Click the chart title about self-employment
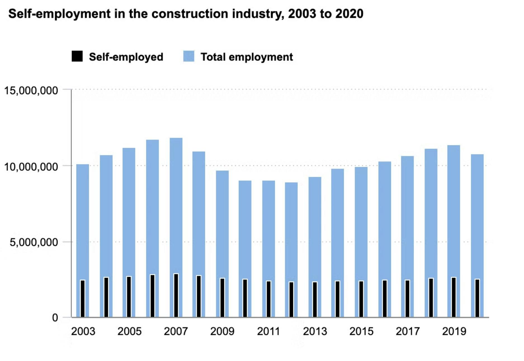click(186, 14)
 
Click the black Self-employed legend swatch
click(77, 56)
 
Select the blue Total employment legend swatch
click(189, 56)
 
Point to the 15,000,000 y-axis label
click(31, 91)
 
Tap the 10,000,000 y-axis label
click(31, 167)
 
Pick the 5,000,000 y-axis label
click(34, 242)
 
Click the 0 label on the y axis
click(55, 318)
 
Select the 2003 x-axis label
click(83, 332)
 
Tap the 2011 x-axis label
click(268, 332)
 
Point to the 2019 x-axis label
click(454, 332)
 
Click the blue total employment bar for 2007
click(176, 204)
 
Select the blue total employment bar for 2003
click(83, 221)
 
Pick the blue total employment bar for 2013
click(315, 227)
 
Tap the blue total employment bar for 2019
click(454, 210)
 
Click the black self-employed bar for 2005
click(129, 297)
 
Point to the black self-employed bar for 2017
click(407, 299)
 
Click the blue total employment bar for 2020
click(477, 215)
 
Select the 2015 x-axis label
click(361, 332)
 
